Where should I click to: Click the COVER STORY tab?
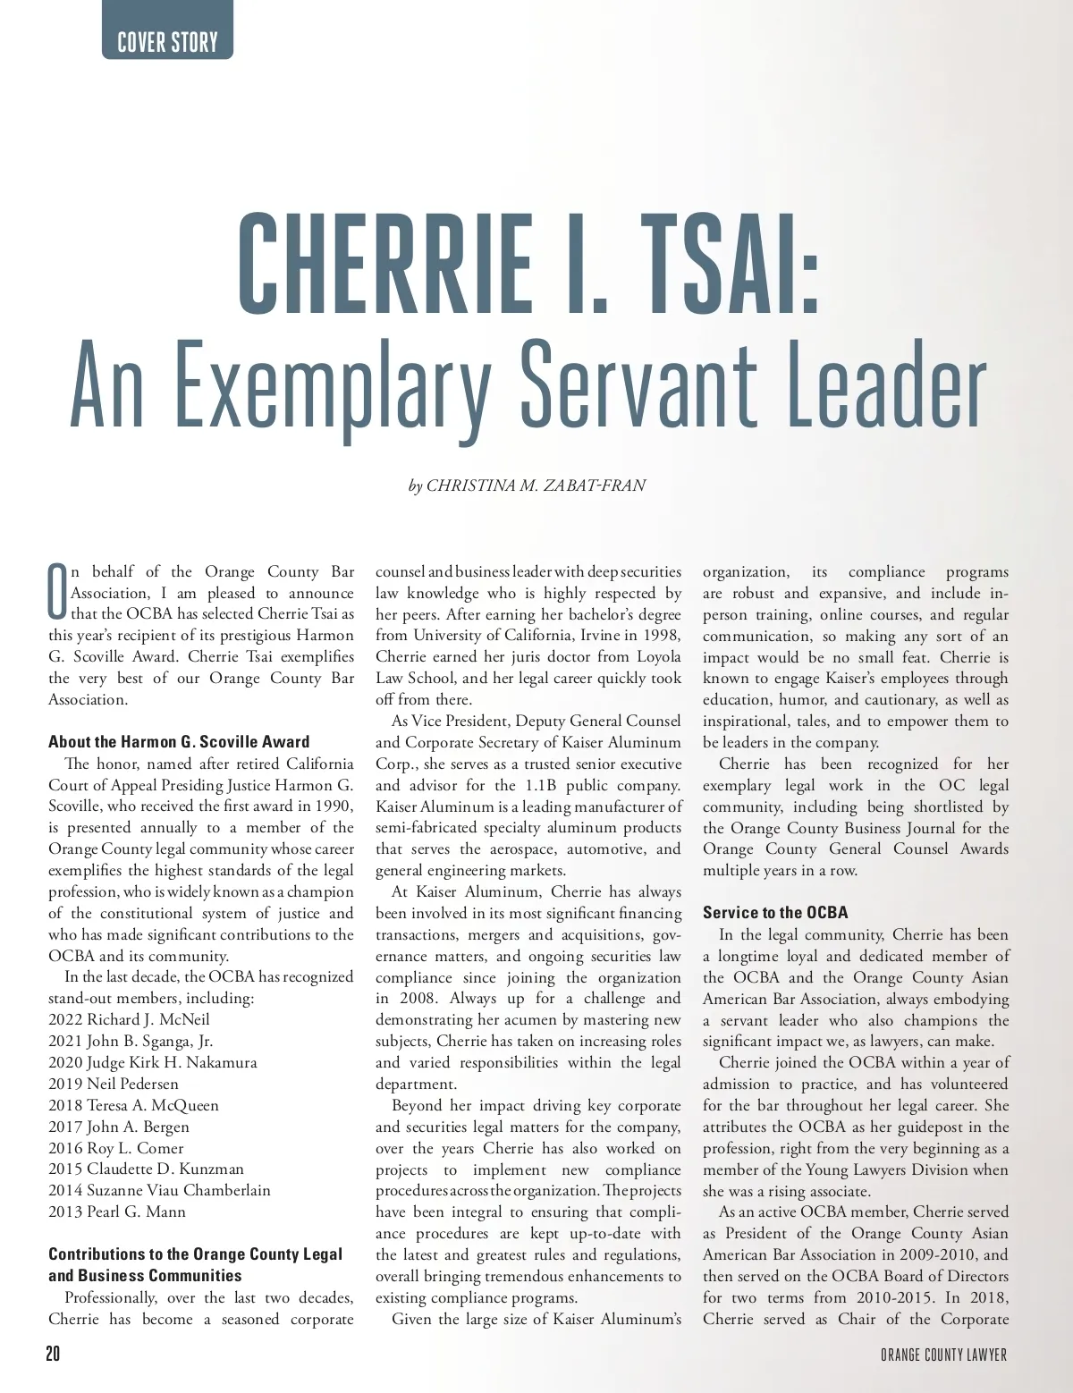(167, 41)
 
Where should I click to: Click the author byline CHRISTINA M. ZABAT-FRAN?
(535, 486)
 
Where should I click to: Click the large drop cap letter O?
(57, 591)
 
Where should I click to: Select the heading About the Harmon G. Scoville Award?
(179, 742)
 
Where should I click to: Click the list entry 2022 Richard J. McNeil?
(129, 1019)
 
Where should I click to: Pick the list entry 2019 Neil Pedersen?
(113, 1084)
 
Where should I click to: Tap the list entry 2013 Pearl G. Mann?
(116, 1211)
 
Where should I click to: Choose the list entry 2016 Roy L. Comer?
(115, 1148)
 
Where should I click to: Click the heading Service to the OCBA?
(775, 913)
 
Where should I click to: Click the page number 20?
(53, 1355)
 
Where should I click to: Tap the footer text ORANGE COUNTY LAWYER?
(943, 1355)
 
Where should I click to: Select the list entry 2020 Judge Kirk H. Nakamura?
(152, 1062)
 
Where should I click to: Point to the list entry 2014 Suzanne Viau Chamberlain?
(159, 1190)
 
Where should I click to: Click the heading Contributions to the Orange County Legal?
(195, 1254)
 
